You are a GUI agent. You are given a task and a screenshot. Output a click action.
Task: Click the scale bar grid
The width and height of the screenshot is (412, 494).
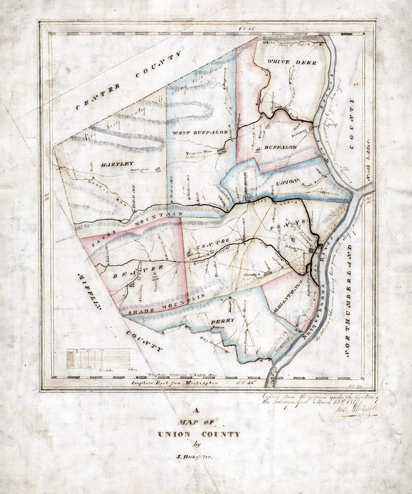point(98,358)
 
